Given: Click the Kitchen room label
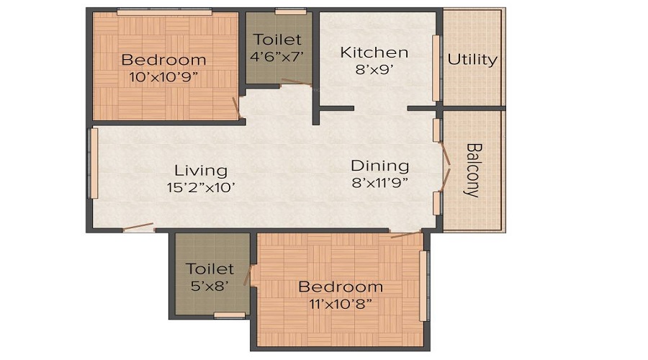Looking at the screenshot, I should (374, 53).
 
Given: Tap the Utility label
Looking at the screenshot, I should (472, 59).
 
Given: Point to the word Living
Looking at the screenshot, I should (201, 171).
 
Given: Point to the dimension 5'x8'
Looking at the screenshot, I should (210, 286).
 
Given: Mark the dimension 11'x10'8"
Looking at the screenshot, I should (341, 304).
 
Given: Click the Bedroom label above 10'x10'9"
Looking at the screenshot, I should (163, 60).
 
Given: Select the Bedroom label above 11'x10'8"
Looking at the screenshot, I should (341, 287).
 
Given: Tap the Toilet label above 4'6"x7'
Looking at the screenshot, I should (277, 40).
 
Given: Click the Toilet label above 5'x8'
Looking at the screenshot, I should (210, 269).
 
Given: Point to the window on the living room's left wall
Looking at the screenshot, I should (93, 163).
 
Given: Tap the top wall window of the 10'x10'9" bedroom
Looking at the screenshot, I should (164, 12).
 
